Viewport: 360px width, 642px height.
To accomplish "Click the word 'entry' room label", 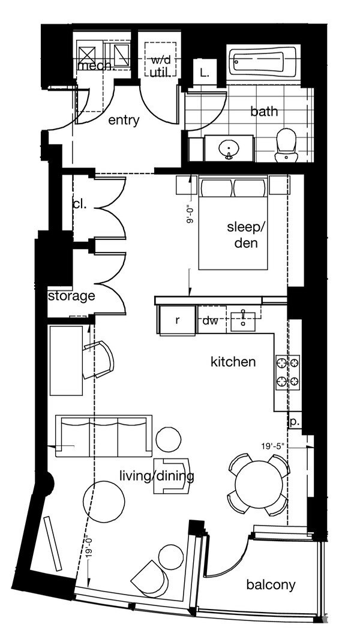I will click(124, 121).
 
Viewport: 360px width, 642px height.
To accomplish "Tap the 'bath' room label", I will click(264, 112).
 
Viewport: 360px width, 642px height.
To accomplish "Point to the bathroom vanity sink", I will click(229, 148).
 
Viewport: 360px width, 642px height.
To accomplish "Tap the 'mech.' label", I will click(95, 65).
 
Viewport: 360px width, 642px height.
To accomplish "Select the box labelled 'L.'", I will click(205, 74).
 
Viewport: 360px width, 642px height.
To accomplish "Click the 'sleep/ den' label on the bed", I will click(245, 235).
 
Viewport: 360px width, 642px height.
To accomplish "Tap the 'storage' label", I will click(71, 296).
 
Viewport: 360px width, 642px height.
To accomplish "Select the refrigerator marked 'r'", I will click(177, 320).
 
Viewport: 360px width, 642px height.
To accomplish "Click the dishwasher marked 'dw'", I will click(210, 321).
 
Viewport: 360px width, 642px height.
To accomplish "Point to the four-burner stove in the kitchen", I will click(287, 371).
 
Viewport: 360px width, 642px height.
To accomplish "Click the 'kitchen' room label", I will click(233, 362).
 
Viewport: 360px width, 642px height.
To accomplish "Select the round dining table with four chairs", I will click(259, 484).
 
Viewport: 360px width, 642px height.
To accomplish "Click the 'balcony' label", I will click(271, 584).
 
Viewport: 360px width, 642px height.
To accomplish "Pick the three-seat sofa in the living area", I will click(103, 436).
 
